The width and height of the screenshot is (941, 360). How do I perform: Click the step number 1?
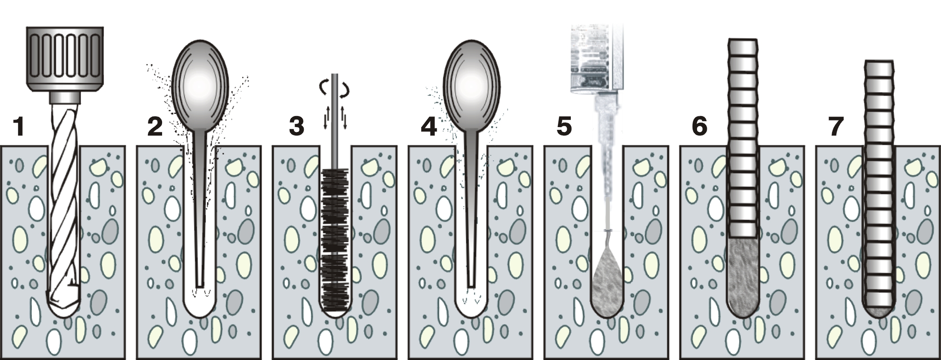[18, 128]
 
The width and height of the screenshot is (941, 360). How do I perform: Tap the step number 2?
[155, 127]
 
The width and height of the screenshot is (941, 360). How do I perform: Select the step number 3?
[296, 127]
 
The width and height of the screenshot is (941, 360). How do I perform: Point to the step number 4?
[428, 128]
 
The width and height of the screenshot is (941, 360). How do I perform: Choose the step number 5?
[564, 127]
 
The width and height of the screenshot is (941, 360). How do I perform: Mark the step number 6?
[699, 127]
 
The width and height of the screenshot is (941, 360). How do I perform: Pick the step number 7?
[836, 127]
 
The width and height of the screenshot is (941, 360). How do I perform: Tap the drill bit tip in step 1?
[64, 306]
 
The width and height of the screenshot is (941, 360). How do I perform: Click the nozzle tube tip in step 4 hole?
[472, 283]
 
